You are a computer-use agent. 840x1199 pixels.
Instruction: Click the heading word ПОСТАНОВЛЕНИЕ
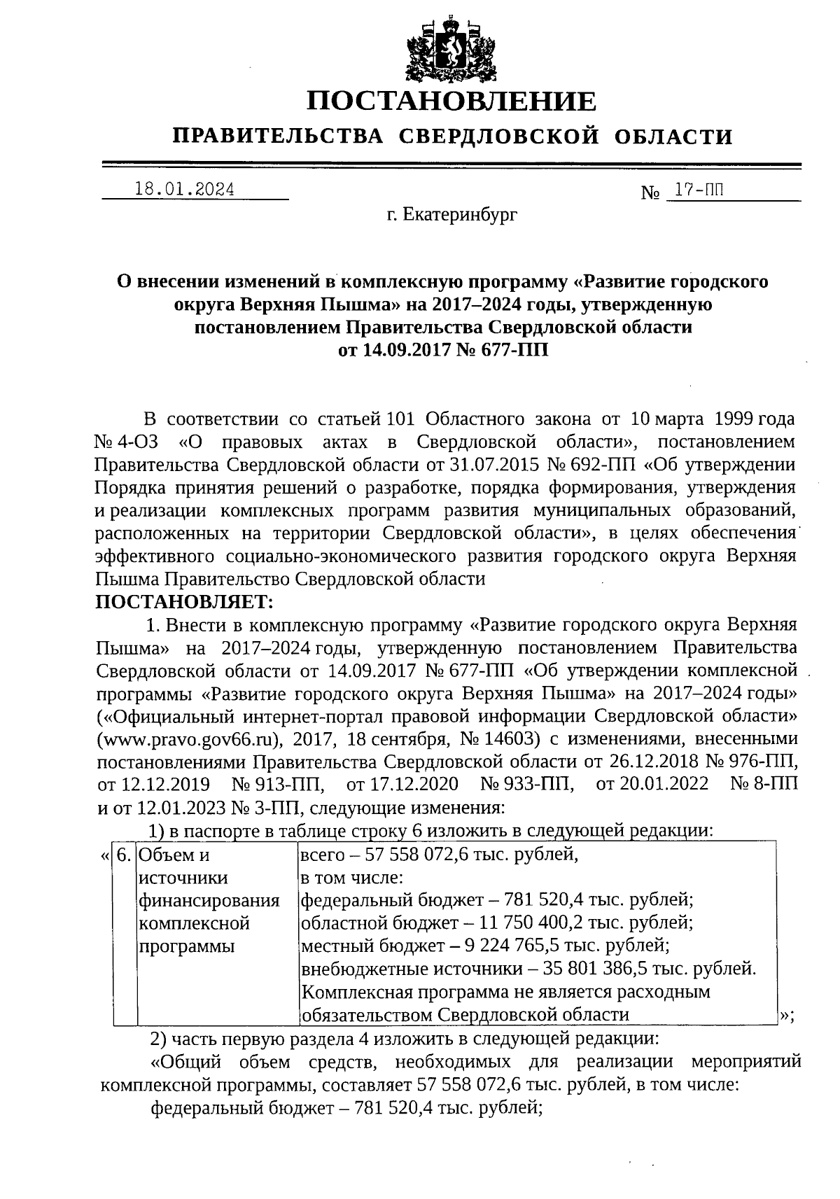[x=451, y=101]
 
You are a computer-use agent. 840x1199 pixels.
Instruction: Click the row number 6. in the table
[x=124, y=855]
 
